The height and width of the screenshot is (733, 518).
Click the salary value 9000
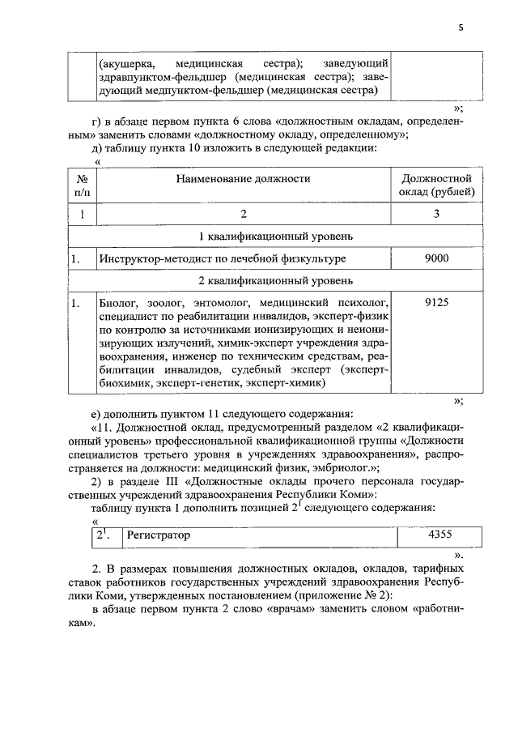[436, 258]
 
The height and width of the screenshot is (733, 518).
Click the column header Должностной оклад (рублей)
[436, 185]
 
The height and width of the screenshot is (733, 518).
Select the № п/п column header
[82, 185]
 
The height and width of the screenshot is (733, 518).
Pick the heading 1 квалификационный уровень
[275, 237]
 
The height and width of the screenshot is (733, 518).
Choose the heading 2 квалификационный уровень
[275, 281]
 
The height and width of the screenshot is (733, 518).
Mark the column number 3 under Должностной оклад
[436, 214]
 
